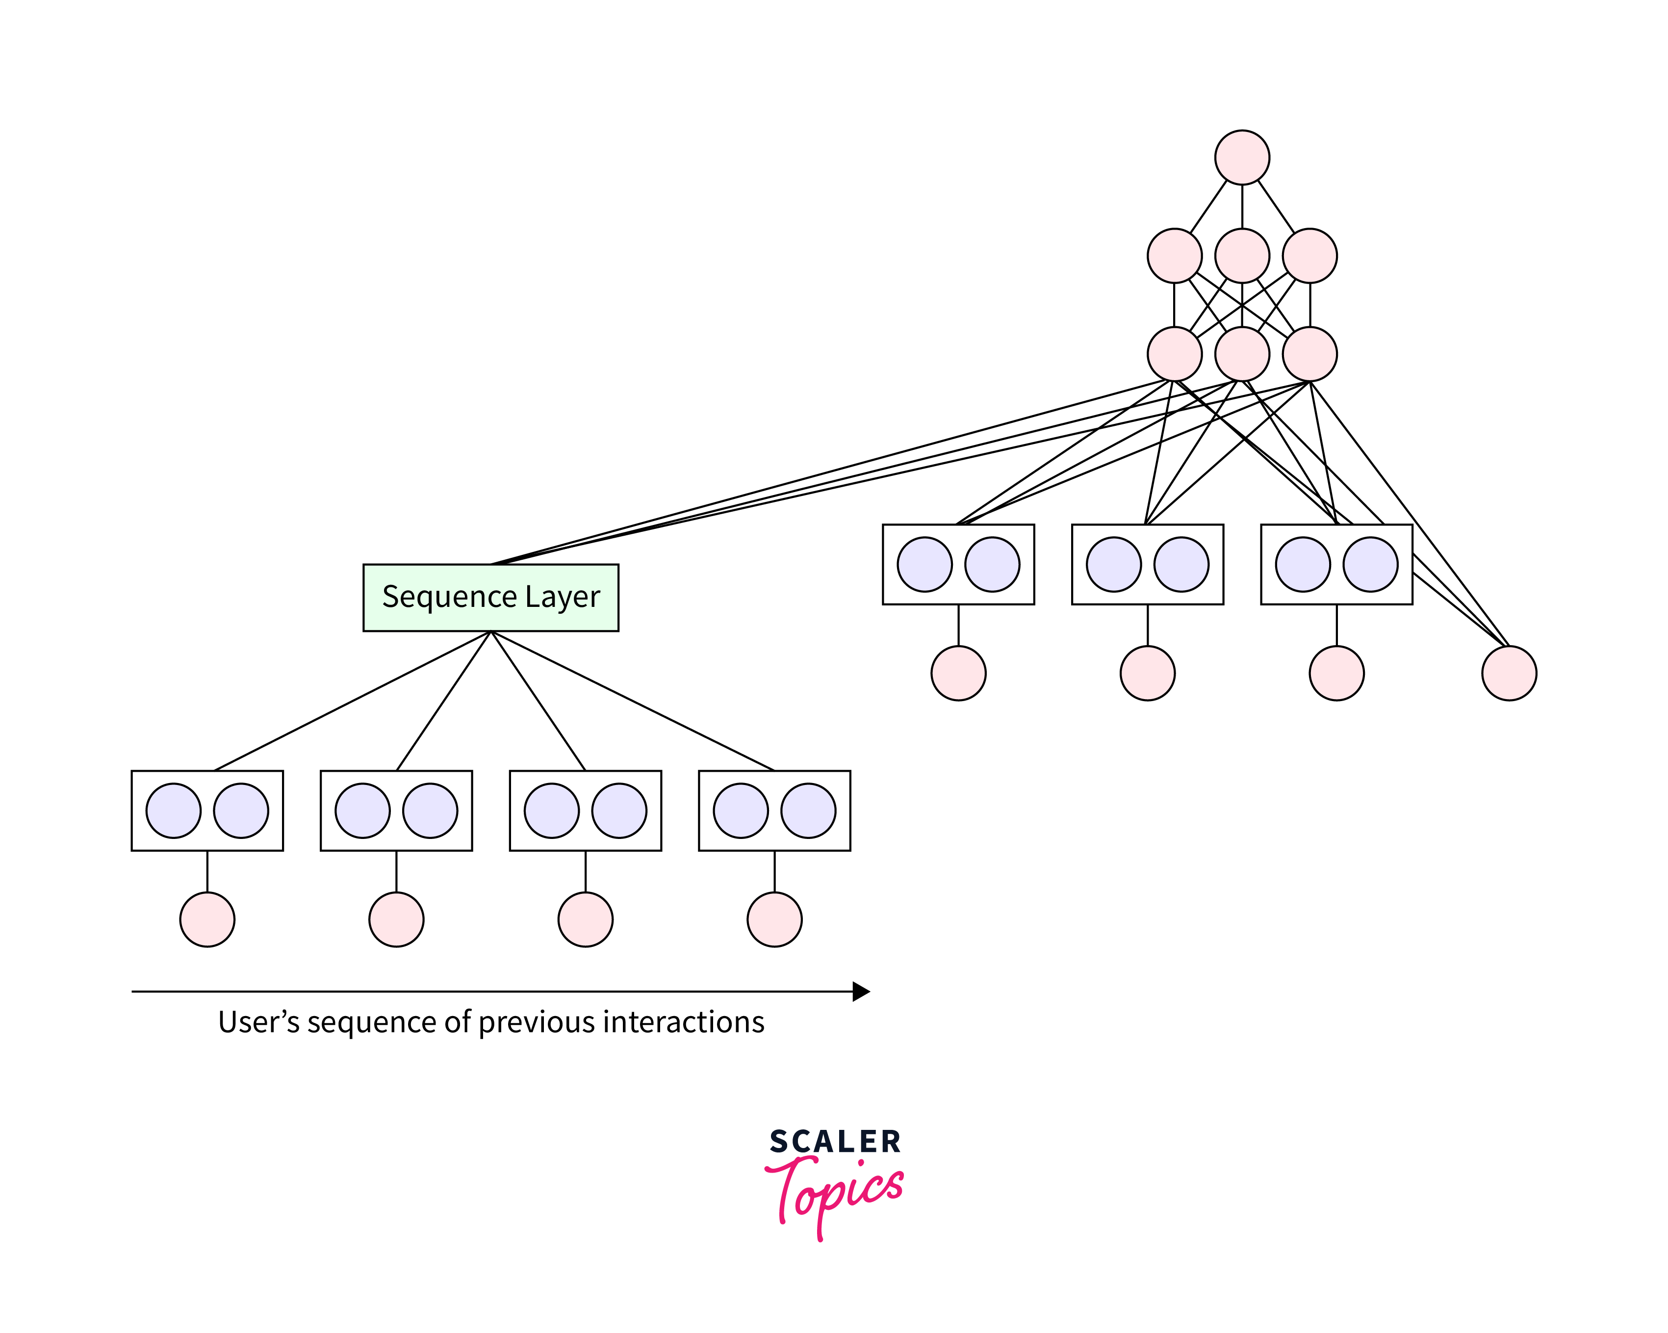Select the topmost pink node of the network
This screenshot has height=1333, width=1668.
click(x=1242, y=157)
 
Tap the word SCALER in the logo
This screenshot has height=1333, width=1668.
click(x=835, y=1142)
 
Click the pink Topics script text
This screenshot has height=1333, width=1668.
click(x=836, y=1193)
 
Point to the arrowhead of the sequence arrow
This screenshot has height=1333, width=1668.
click(x=861, y=992)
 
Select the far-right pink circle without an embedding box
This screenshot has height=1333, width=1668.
click(x=1509, y=674)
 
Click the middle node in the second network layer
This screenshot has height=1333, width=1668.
click(x=1242, y=256)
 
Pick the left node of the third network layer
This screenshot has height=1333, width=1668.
click(x=1175, y=354)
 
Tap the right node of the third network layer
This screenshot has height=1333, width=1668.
click(x=1309, y=354)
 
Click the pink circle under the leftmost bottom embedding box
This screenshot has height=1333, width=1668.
click(x=207, y=919)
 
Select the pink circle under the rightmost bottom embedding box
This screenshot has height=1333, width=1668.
click(x=774, y=919)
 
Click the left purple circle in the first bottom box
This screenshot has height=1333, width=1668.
click(x=173, y=810)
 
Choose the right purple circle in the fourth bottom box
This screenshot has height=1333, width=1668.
click(x=808, y=810)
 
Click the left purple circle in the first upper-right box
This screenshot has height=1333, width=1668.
click(x=924, y=564)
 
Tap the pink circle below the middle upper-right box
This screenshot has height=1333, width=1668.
click(x=1147, y=674)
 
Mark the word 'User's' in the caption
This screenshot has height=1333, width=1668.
click(x=258, y=1022)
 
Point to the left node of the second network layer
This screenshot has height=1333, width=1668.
click(x=1175, y=256)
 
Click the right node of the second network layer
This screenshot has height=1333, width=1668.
click(x=1309, y=256)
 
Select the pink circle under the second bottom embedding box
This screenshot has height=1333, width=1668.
click(x=396, y=919)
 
